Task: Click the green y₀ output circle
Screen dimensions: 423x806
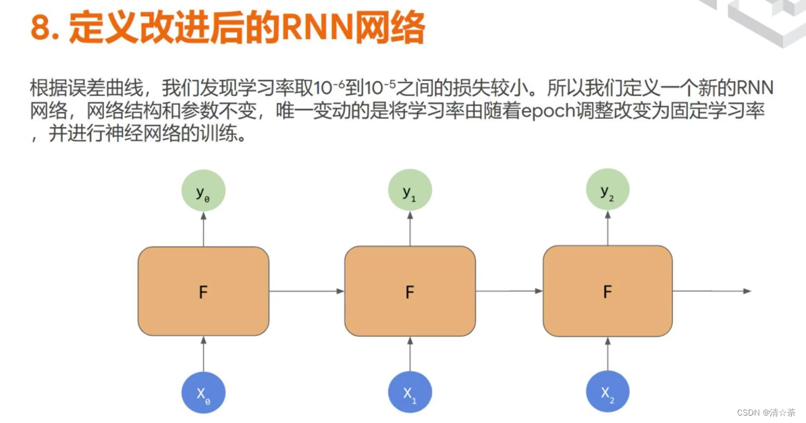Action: [203, 192]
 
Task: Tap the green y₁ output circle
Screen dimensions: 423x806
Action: [410, 192]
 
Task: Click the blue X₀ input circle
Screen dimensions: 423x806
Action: [203, 392]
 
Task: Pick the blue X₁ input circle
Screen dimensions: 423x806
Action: [410, 392]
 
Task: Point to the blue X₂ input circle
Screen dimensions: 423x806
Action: [608, 392]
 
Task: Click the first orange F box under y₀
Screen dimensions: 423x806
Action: [203, 291]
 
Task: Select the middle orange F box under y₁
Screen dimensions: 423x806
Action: [410, 291]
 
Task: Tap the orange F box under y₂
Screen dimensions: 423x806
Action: [608, 291]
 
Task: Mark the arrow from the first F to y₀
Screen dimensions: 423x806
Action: [203, 229]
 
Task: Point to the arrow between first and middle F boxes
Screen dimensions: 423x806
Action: [306, 291]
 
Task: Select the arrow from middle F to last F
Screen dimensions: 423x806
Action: [509, 291]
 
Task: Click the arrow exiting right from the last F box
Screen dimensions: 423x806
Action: [711, 291]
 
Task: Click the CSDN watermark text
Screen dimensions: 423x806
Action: [749, 412]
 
